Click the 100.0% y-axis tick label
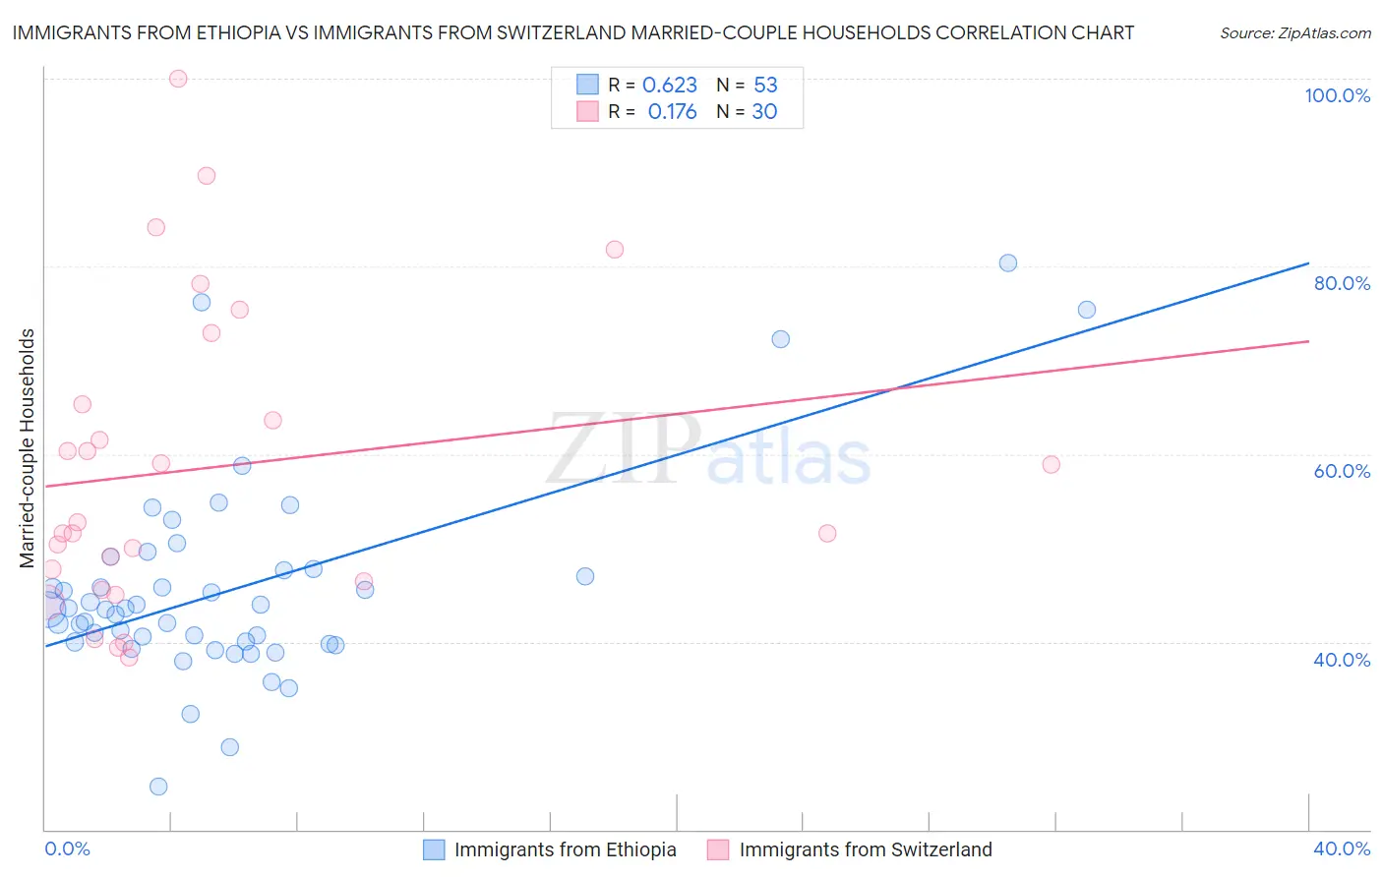coord(1337,95)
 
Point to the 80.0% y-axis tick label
coord(1342,283)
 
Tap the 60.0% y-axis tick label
coord(1342,471)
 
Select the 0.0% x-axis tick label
coord(67,848)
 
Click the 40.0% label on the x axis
coord(1342,848)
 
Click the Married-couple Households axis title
coord(28,448)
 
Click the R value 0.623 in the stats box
coord(670,86)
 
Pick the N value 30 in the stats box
coord(764,112)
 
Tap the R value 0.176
coord(672,112)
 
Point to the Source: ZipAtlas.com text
coord(1294,32)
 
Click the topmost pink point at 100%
coord(178,79)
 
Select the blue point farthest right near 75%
coord(1087,310)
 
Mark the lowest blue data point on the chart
coord(158,787)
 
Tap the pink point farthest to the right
coord(1052,465)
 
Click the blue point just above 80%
coord(1008,263)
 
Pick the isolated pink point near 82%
coord(615,250)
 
